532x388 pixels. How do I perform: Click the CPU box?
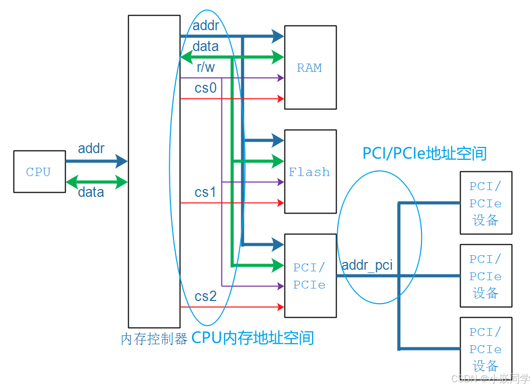[39, 172]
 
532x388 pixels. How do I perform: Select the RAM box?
[310, 67]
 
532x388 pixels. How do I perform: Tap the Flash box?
[310, 171]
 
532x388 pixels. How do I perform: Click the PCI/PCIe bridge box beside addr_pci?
[310, 276]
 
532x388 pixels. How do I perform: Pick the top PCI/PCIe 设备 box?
[486, 203]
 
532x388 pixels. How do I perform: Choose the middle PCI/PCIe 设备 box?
[486, 276]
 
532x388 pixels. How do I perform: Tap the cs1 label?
[205, 193]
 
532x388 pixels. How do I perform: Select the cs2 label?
[205, 297]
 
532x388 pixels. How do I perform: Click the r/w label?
[205, 67]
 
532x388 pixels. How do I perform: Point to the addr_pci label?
[367, 266]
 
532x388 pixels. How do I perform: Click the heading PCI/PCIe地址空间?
[424, 153]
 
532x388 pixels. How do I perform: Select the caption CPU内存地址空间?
[253, 338]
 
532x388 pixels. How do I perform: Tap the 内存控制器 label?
[154, 339]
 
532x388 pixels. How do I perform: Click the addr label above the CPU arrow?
[91, 149]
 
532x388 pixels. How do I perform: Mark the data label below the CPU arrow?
[91, 193]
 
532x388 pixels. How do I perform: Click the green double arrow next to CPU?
[96, 182]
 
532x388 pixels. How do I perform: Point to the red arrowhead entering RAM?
[281, 98]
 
